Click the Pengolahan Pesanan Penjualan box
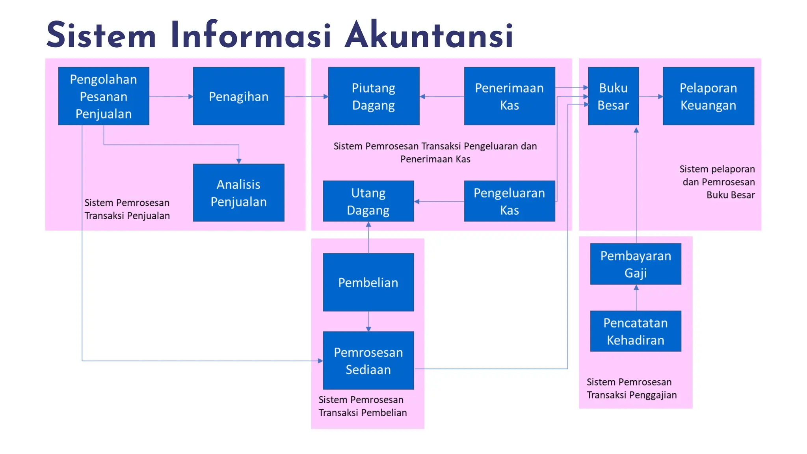(104, 96)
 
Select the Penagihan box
(238, 96)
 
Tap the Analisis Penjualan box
(238, 193)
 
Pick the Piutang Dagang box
(374, 96)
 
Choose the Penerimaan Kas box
(509, 96)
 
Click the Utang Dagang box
(368, 201)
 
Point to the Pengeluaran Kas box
(509, 201)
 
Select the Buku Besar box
(613, 96)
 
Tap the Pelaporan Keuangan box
(708, 96)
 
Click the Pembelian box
(368, 282)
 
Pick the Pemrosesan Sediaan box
(368, 361)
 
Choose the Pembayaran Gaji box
(636, 264)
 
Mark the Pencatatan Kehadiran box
(636, 331)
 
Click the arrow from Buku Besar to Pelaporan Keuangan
(651, 96)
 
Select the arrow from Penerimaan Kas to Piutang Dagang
(442, 96)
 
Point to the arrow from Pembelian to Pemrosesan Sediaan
(368, 321)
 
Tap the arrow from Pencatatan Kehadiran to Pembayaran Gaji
(636, 298)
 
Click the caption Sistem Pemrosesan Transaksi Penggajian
(631, 388)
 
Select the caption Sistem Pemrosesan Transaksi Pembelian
(363, 406)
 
